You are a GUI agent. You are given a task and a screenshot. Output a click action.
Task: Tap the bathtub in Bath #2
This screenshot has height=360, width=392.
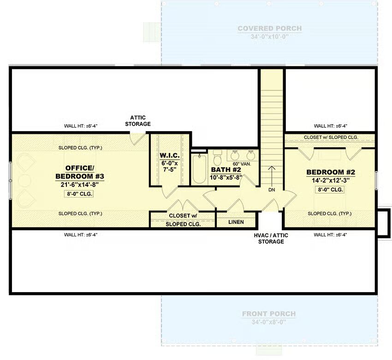coord(200,169)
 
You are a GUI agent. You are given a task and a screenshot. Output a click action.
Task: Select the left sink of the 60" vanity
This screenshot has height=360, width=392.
coord(235,156)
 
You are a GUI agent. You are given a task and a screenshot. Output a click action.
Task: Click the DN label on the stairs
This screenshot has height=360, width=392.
coord(272,190)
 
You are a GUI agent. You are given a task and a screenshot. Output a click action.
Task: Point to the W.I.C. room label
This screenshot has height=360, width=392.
coord(170,156)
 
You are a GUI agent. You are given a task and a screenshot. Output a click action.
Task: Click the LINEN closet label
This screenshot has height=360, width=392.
coord(236,222)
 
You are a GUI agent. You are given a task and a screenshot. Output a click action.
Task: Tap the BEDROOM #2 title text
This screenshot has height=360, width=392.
coord(331,172)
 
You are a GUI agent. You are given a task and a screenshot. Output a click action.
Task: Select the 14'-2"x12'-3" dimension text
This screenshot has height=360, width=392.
coord(331,180)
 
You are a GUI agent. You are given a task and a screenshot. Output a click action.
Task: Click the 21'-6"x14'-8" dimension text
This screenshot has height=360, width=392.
coord(80,185)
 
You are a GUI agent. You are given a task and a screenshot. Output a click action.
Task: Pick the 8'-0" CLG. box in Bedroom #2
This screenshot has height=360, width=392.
coord(330,190)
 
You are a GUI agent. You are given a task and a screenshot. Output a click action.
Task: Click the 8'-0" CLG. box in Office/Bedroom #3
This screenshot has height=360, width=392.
coord(79,194)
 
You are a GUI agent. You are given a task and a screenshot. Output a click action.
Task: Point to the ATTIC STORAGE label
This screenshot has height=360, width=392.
coord(138,120)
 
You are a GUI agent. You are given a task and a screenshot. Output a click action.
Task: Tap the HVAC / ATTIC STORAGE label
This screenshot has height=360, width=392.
coord(271,239)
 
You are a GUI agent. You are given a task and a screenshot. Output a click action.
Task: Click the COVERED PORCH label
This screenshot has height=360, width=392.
coord(270,29)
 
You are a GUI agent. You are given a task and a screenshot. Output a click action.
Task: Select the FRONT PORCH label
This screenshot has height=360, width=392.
coord(269,314)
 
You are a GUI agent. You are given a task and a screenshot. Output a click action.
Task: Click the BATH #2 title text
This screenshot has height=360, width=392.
coord(226,170)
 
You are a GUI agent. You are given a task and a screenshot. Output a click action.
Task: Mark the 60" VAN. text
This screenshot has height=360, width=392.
coord(242,164)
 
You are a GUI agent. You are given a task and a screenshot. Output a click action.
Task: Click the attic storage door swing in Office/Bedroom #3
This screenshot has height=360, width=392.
coord(137,139)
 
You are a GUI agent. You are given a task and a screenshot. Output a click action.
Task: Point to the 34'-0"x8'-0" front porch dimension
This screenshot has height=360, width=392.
coord(269,322)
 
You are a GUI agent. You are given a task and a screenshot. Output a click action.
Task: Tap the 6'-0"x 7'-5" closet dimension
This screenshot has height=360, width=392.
coord(170,166)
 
